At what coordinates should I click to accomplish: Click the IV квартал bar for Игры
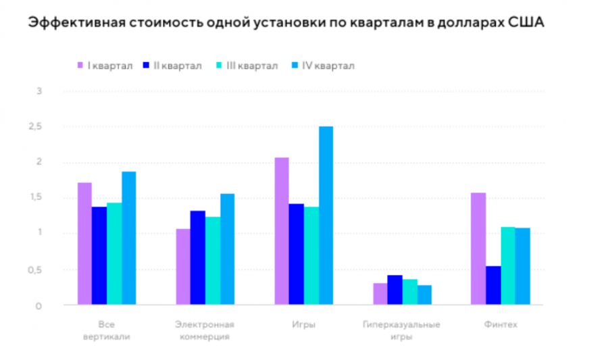click(326, 215)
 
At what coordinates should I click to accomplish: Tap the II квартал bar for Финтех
click(493, 285)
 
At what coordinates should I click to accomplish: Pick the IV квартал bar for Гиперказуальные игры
click(424, 294)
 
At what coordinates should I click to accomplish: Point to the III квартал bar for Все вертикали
click(114, 253)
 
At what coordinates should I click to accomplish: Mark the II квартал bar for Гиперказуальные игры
click(395, 290)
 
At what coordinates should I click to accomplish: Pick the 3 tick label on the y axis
click(39, 90)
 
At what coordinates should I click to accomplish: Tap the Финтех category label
click(501, 324)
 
